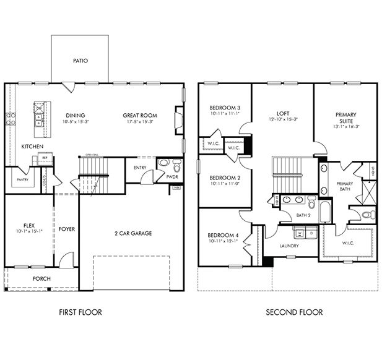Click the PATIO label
80,61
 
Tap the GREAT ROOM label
139,115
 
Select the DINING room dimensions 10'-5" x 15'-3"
76,122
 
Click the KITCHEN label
32,147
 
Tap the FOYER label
67,229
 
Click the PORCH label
41,278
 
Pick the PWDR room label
172,177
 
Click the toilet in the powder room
176,166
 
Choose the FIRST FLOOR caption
80,312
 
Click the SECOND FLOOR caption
294,312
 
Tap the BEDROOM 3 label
224,108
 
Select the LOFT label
283,114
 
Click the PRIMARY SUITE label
345,118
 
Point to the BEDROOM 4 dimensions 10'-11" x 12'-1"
224,241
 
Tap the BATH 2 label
303,215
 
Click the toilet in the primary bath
367,215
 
